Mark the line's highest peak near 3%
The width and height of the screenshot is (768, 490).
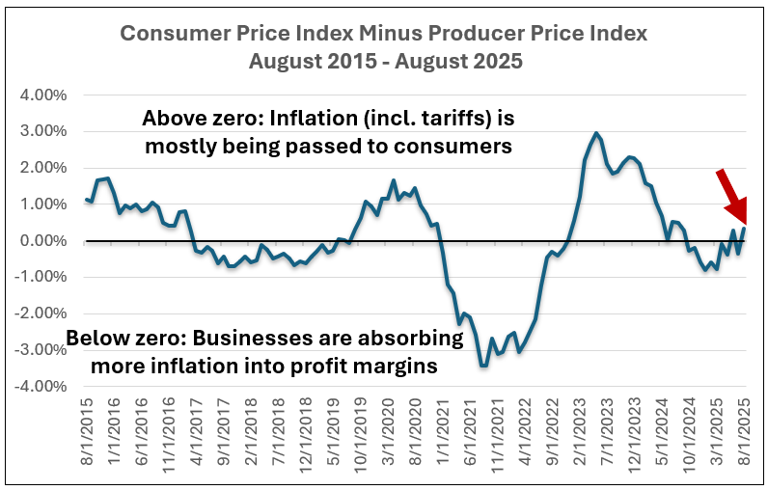point(596,133)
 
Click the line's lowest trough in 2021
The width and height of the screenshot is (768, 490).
point(482,366)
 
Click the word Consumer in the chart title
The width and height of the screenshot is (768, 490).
point(170,34)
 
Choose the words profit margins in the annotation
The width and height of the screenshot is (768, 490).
point(371,367)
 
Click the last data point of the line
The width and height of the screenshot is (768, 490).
point(744,228)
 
